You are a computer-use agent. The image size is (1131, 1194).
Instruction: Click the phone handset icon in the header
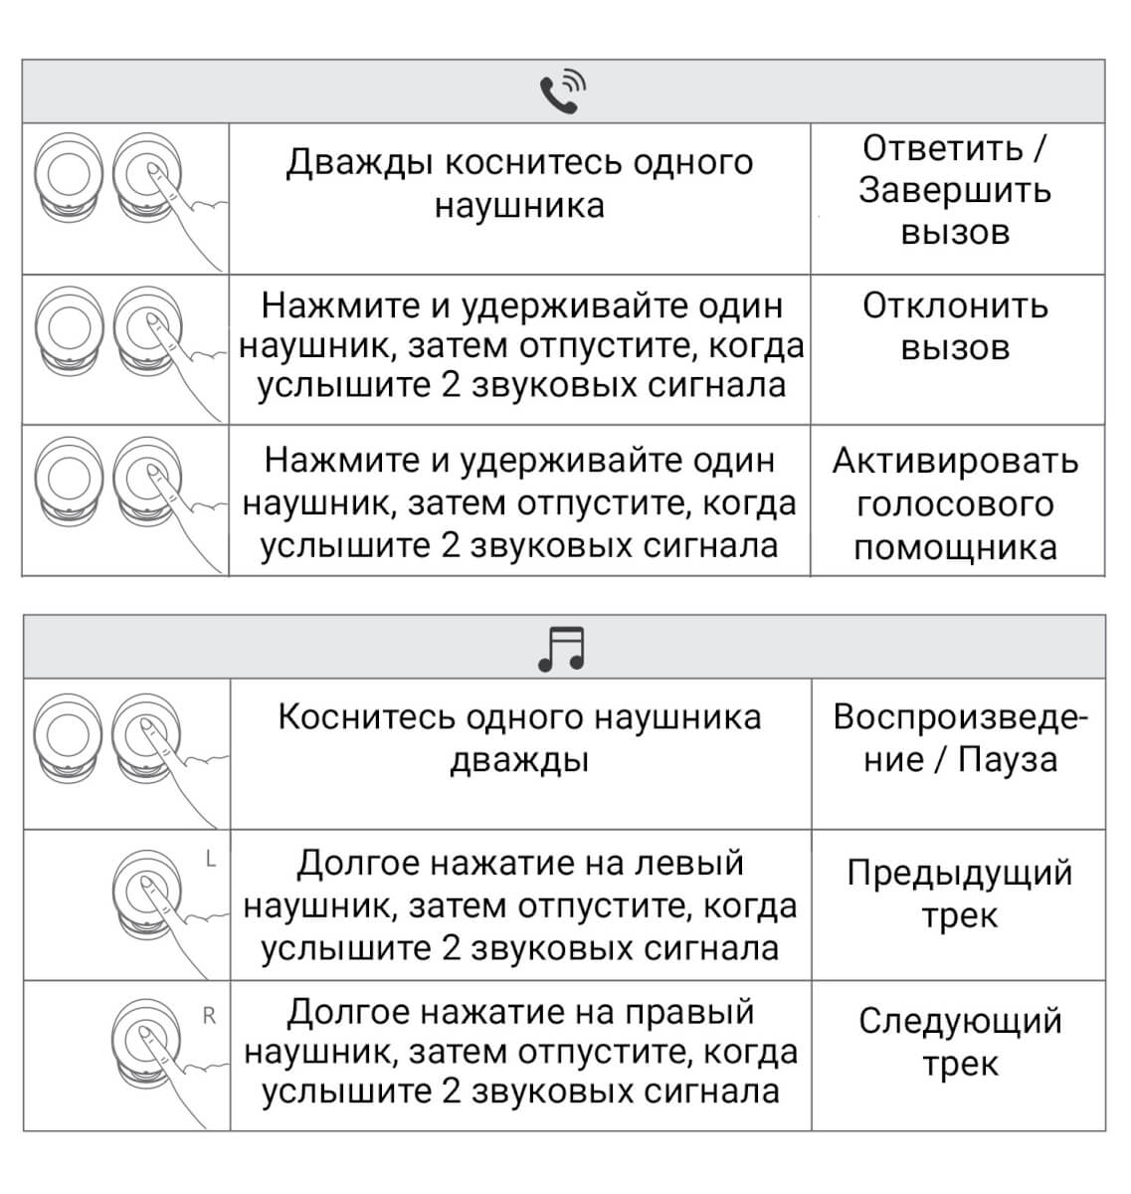click(x=562, y=92)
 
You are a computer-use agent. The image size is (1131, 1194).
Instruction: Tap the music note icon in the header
click(x=562, y=649)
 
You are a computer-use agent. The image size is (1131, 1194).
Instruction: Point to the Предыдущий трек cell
click(x=959, y=894)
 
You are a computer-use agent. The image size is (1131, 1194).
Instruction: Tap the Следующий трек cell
click(x=959, y=1042)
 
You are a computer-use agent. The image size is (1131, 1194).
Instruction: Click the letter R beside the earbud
click(x=209, y=1015)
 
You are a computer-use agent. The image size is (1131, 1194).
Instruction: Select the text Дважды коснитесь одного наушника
click(x=519, y=184)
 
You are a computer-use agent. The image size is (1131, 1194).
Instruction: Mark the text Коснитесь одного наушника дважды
click(x=519, y=738)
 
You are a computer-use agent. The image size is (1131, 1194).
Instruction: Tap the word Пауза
click(x=1007, y=760)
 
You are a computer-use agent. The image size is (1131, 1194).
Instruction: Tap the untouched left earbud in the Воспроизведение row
click(x=67, y=740)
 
